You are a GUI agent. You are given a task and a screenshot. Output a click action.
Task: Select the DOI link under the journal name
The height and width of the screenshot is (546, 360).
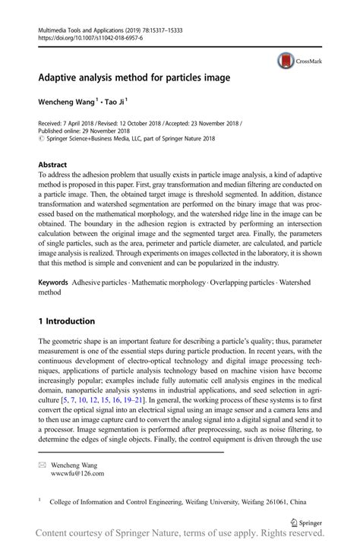(88, 39)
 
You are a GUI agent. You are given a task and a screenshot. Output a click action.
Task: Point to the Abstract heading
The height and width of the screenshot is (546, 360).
(53, 164)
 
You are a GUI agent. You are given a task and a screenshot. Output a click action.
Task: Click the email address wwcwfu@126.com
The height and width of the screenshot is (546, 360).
(77, 473)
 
